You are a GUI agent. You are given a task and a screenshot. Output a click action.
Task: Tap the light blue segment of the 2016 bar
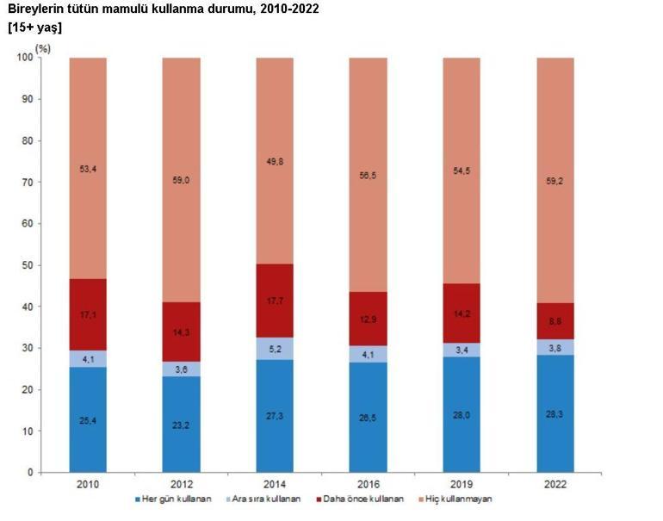click(x=368, y=353)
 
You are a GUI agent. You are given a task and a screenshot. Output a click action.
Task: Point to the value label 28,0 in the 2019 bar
click(x=462, y=414)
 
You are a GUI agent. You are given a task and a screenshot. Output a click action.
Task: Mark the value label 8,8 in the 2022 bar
click(x=555, y=321)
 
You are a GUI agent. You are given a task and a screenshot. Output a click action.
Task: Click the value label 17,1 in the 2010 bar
click(x=88, y=315)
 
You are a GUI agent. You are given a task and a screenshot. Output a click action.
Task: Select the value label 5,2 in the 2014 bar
click(x=275, y=349)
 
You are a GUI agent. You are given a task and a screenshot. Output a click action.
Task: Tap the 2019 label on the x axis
click(x=462, y=485)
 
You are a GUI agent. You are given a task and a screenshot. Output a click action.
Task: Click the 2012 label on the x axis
click(x=181, y=485)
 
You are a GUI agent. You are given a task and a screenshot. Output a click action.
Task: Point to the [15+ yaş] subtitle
click(x=34, y=28)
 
